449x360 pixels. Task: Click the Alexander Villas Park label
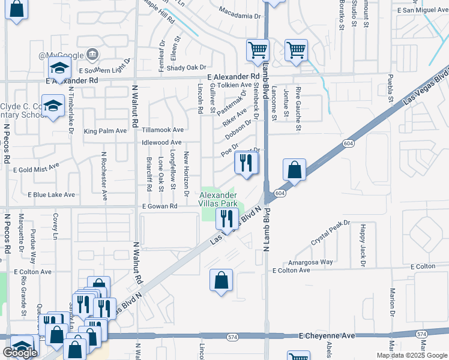217,199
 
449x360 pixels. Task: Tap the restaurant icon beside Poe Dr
246,163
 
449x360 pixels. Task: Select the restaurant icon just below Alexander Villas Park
226,218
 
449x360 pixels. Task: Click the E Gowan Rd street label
160,206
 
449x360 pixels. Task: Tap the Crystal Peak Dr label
330,233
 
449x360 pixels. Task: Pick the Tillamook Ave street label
162,130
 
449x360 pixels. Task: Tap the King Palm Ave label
106,131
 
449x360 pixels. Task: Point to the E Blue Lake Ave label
51,195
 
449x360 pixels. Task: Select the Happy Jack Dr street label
363,245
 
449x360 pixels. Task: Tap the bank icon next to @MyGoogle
93,55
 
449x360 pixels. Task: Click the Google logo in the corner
20,353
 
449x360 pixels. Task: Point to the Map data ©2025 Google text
412,355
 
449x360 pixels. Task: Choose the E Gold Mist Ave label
36,170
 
